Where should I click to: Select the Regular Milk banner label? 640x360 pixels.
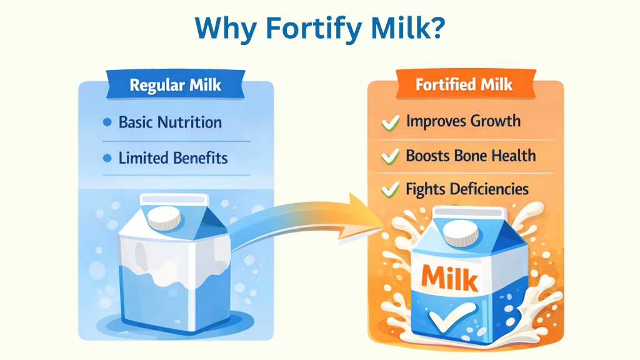[x=176, y=85]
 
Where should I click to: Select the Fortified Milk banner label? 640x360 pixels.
[x=464, y=84]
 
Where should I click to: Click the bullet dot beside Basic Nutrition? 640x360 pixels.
[x=107, y=122]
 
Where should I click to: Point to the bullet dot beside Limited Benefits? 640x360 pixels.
[x=107, y=158]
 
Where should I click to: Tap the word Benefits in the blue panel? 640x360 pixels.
[x=201, y=158]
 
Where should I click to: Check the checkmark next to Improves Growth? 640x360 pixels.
[x=391, y=122]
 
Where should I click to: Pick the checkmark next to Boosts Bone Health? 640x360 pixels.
[x=390, y=156]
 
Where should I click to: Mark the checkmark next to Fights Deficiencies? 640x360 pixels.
[x=390, y=190]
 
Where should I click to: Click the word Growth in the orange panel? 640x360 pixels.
[x=496, y=121]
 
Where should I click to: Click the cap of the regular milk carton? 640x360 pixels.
[x=164, y=217]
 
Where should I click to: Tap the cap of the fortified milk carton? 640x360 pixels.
[x=461, y=235]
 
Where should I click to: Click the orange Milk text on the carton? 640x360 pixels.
[x=449, y=278]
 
